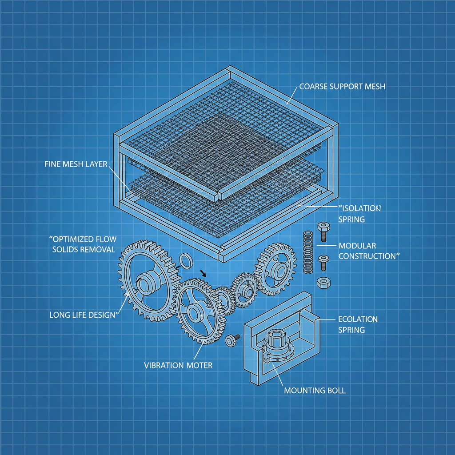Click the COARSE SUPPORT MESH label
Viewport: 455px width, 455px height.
click(x=342, y=87)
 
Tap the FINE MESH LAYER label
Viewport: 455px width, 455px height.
click(x=76, y=164)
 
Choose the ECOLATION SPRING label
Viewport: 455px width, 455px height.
click(x=358, y=324)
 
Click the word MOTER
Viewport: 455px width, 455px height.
click(x=198, y=365)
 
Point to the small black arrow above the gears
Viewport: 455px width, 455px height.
click(x=203, y=272)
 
